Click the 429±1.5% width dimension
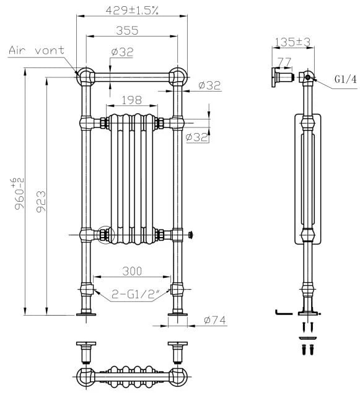pos(132,11)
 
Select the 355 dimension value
pos(127,30)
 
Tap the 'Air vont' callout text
pos(37,50)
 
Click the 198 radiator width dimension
pos(132,100)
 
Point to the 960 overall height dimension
pos(19,193)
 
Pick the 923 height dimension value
pos(41,202)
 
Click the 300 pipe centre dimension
pos(132,271)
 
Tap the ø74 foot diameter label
pos(215,320)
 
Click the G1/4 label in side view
pos(346,79)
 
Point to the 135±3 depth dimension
pos(292,42)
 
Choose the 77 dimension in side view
pos(284,62)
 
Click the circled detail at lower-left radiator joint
pos(105,235)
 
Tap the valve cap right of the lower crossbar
pos(191,235)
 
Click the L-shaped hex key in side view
pos(284,313)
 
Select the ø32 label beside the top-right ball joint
pos(209,85)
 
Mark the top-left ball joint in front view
pos(86,76)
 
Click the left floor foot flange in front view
pos(86,314)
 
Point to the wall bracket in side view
pos(282,77)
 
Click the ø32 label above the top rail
pos(122,52)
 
